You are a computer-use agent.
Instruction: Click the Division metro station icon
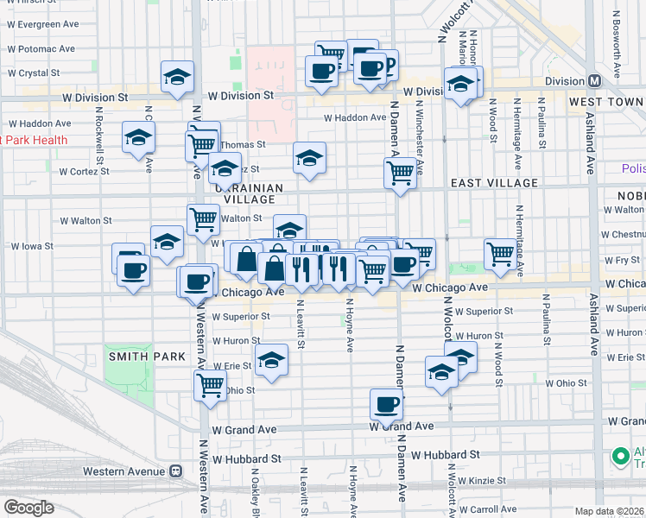594,81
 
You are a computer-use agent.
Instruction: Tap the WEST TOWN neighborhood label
601,102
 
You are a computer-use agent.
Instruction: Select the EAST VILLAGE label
494,183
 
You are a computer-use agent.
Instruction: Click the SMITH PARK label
141,357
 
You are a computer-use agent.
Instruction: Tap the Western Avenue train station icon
175,471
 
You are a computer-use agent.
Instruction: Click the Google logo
28,508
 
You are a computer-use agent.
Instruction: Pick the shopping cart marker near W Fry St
500,254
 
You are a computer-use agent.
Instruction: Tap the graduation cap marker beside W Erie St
271,360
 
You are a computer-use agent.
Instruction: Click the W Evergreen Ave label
44,24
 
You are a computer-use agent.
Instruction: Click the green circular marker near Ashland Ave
619,456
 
